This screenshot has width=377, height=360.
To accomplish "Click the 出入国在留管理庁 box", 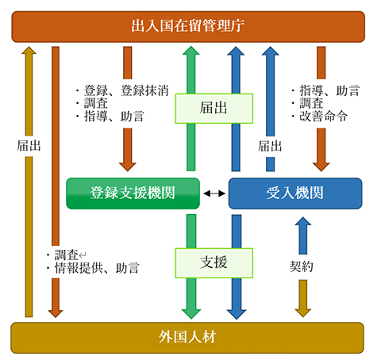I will [187, 26].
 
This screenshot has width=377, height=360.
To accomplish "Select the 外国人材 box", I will [187, 338].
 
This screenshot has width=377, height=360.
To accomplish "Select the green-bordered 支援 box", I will [214, 260].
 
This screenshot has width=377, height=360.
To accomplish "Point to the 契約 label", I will [302, 267].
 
